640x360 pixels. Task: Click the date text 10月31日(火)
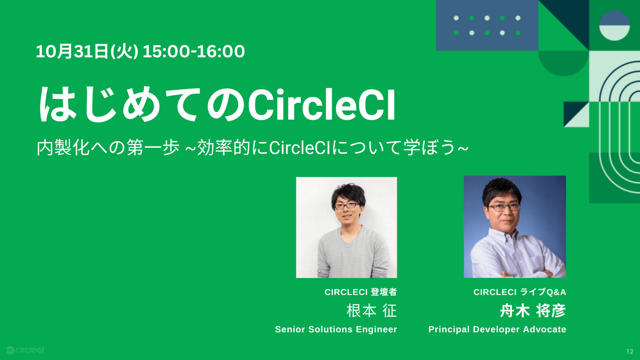(x=87, y=52)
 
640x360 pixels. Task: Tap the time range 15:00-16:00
(x=194, y=52)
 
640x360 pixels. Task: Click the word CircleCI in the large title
(x=322, y=105)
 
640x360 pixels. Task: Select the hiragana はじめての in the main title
(x=142, y=105)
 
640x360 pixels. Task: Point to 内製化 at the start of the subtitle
(x=63, y=148)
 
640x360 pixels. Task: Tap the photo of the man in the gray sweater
(x=347, y=227)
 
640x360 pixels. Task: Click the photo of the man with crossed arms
(x=515, y=227)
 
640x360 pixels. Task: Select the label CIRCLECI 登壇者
(x=361, y=292)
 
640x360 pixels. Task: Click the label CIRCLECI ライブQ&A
(x=519, y=292)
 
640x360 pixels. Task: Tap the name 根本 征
(x=372, y=311)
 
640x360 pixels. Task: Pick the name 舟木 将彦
(x=533, y=311)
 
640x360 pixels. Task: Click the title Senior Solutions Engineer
(x=336, y=330)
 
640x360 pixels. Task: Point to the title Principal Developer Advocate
(x=497, y=330)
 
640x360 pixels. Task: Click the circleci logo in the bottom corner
(x=25, y=350)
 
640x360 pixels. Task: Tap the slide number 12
(x=630, y=351)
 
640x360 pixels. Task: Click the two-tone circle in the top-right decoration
(x=614, y=26)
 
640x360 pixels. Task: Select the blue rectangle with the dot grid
(x=487, y=26)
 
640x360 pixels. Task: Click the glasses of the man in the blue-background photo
(x=503, y=207)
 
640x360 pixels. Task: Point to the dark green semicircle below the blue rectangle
(x=563, y=63)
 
